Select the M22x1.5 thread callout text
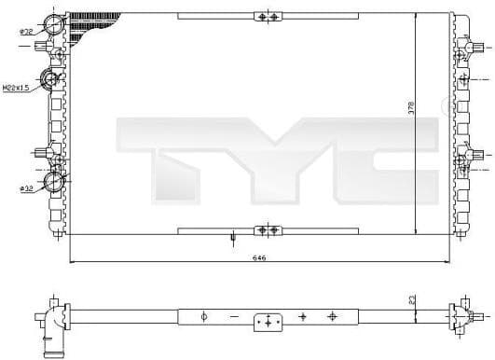(15, 88)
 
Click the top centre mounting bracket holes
(268, 18)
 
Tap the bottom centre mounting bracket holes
(268, 228)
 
